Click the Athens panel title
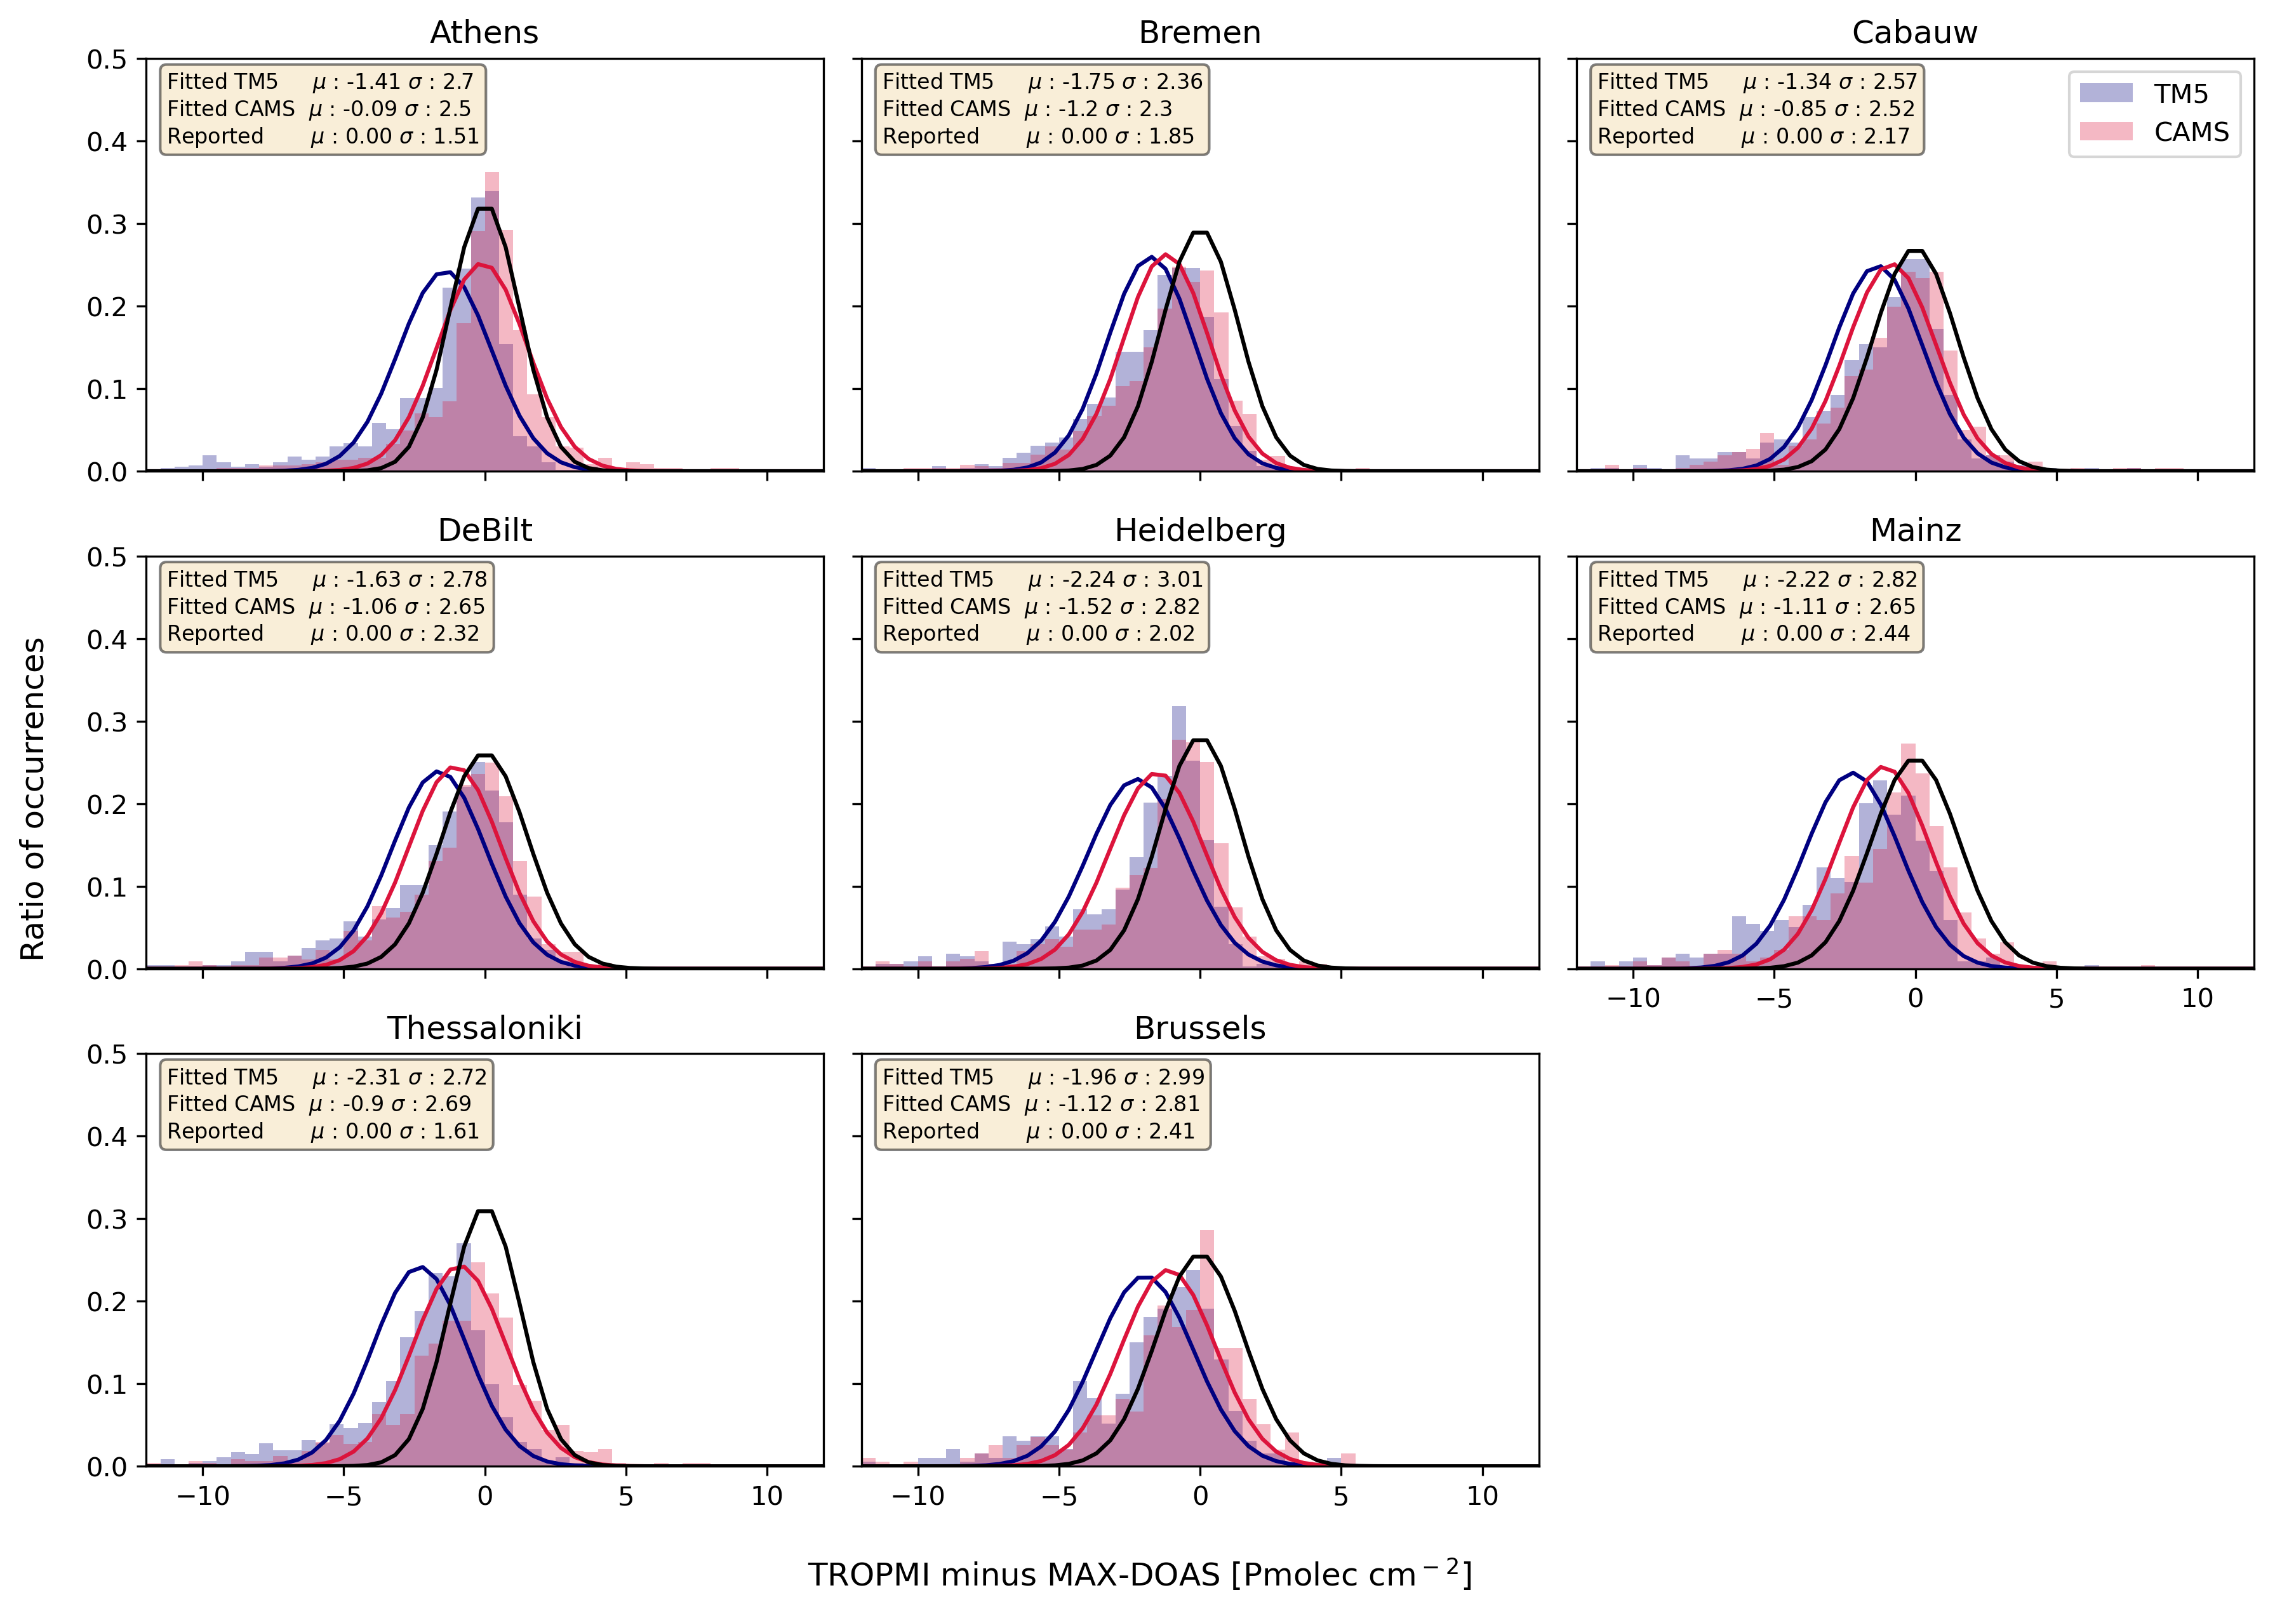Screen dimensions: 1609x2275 pos(484,32)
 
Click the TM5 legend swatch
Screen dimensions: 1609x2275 pos(2105,93)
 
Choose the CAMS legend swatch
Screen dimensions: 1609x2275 pos(2105,132)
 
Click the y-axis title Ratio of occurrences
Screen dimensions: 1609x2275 pos(32,799)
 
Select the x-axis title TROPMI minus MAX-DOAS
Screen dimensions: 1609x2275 pos(1140,1574)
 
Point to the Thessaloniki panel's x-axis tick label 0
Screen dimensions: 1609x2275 pos(484,1495)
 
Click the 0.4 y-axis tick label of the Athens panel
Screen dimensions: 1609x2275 pos(107,142)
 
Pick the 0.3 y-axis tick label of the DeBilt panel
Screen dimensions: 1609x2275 pos(107,722)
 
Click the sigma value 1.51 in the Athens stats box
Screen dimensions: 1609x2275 pos(456,137)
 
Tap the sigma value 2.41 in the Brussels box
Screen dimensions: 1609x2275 pos(1171,1132)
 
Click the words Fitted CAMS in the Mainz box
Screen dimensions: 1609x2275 pos(1660,606)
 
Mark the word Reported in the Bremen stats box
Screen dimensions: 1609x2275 pos(930,137)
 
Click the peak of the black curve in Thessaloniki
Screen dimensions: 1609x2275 pos(484,1211)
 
